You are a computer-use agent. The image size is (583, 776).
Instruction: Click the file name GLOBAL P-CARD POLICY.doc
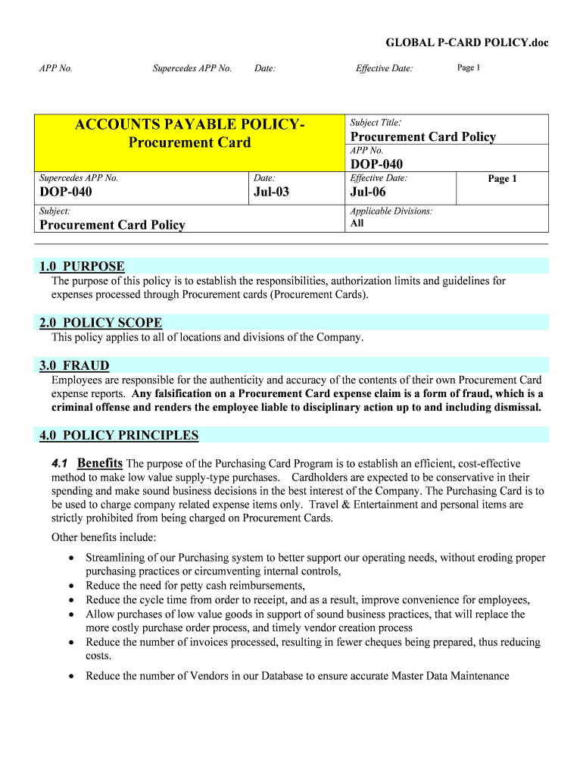pyautogui.click(x=466, y=42)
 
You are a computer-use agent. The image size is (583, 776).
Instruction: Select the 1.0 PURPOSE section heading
pyautogui.click(x=82, y=266)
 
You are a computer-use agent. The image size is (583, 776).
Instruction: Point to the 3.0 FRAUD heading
pyautogui.click(x=74, y=365)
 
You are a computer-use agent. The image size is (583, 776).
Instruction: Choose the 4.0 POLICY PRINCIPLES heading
pyautogui.click(x=119, y=435)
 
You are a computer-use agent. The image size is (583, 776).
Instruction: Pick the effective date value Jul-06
pyautogui.click(x=368, y=192)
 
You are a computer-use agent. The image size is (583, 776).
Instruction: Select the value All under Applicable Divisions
pyautogui.click(x=357, y=224)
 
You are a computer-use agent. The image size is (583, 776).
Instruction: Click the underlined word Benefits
pyautogui.click(x=100, y=463)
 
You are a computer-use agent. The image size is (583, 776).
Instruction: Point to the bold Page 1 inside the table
pyautogui.click(x=502, y=179)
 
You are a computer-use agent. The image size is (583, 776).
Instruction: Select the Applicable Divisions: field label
pyautogui.click(x=391, y=211)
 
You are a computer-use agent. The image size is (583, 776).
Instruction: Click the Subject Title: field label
pyautogui.click(x=376, y=122)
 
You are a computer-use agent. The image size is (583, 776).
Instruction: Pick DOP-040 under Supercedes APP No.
pyautogui.click(x=66, y=192)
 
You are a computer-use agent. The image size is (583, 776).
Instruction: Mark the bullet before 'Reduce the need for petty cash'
pyautogui.click(x=71, y=586)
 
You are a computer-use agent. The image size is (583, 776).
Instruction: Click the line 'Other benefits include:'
pyautogui.click(x=104, y=537)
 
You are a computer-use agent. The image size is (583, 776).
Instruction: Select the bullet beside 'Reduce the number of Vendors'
pyautogui.click(x=71, y=676)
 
